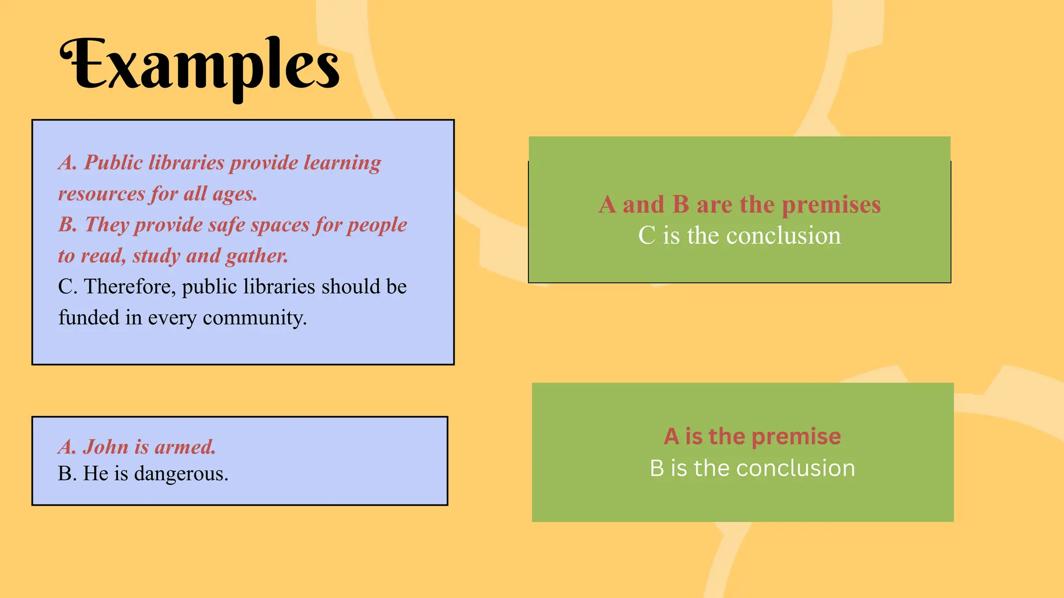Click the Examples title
[200, 67]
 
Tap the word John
[106, 447]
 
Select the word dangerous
[180, 473]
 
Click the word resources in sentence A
[102, 194]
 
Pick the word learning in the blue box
[342, 163]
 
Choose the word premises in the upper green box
[831, 205]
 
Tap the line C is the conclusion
[739, 236]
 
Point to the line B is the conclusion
[752, 468]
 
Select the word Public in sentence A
[113, 163]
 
